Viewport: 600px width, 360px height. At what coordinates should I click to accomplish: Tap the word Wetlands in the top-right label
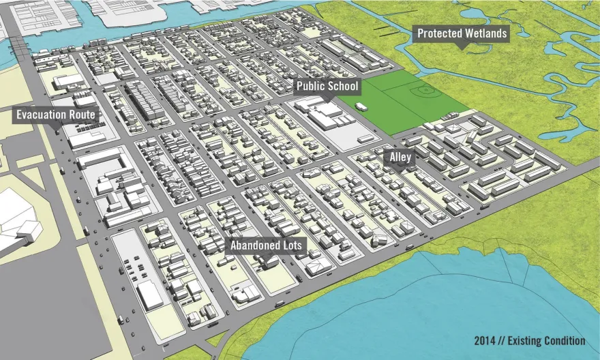(485, 33)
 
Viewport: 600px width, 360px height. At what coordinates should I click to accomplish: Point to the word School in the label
(343, 87)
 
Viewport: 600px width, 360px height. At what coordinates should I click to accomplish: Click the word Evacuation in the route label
(44, 115)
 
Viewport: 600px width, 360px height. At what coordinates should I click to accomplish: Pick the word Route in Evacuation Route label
(82, 115)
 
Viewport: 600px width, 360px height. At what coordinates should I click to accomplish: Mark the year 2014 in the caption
(486, 341)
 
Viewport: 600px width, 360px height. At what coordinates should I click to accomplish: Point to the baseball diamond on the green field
(426, 90)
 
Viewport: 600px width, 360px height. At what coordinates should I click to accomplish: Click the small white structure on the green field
(361, 106)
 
